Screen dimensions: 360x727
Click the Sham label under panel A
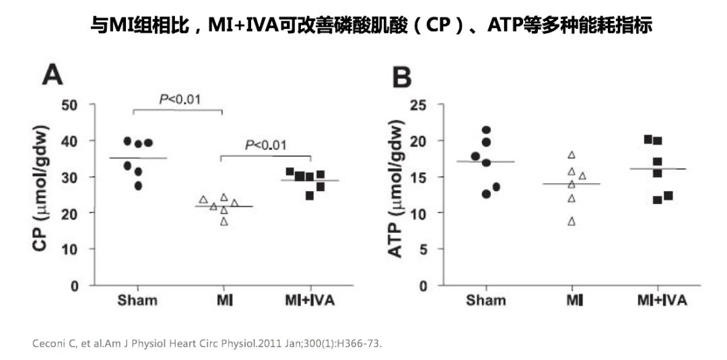137,300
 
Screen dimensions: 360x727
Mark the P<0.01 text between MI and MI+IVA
265,145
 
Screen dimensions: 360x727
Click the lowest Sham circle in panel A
139,186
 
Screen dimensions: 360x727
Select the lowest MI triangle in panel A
224,221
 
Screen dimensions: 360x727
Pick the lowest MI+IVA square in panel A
310,196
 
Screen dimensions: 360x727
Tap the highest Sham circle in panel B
486,130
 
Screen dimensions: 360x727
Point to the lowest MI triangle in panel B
572,221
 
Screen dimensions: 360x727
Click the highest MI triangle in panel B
572,155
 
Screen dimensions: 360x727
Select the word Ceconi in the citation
48,344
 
